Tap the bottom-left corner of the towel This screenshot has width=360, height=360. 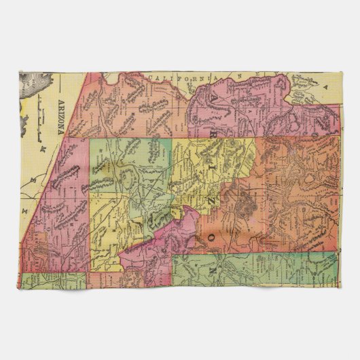20,289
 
